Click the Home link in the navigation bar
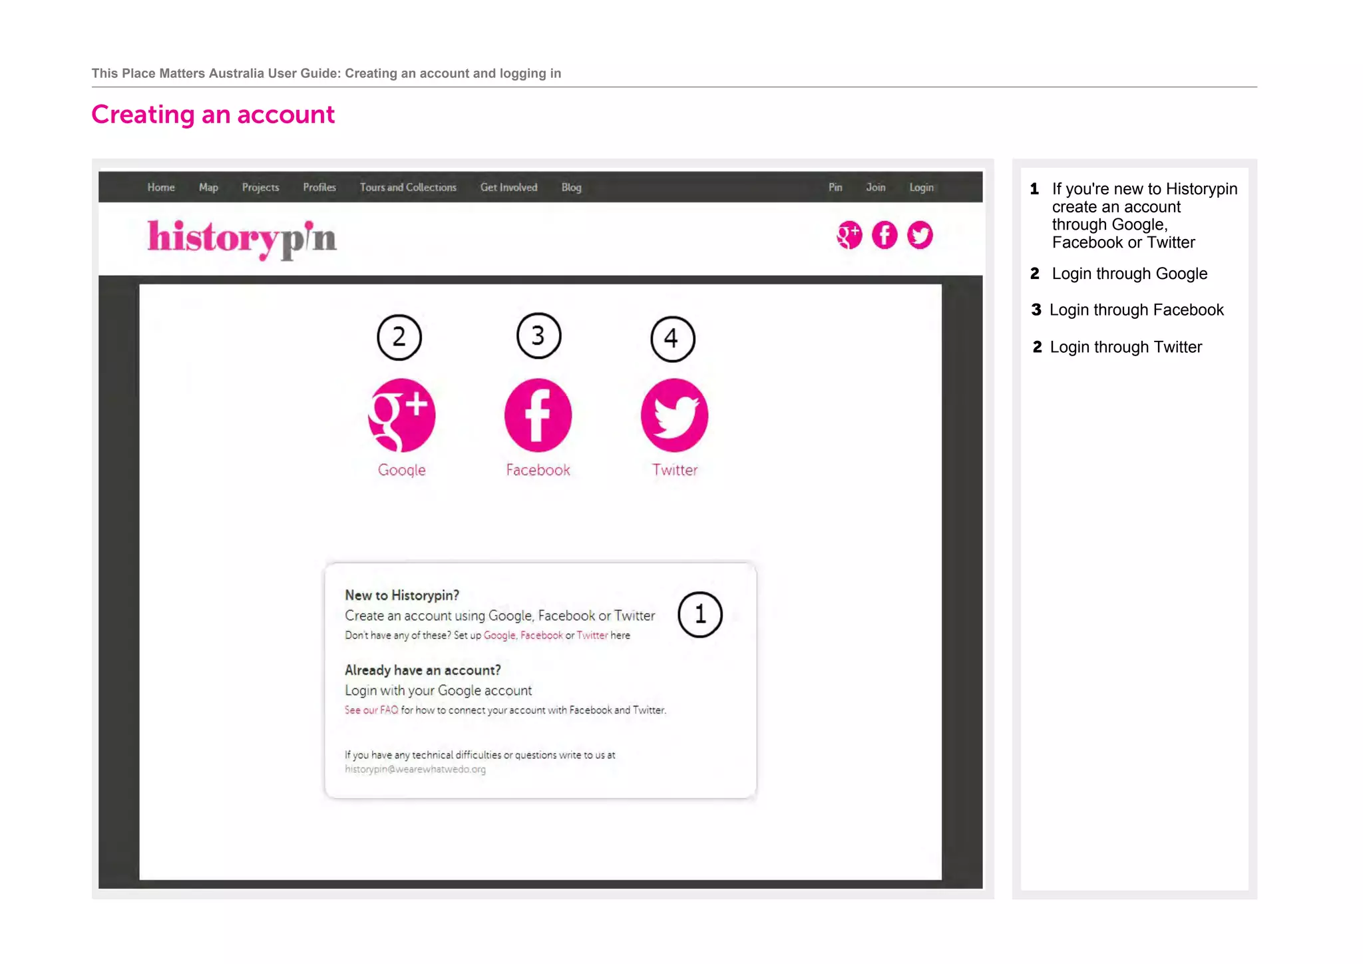pos(161,188)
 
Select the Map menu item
pos(208,188)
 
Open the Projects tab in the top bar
pos(260,188)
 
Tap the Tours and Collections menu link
pos(408,188)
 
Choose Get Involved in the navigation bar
pos(508,188)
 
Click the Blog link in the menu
pos(571,188)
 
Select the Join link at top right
pos(875,188)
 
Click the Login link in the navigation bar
pos(921,188)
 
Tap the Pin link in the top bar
pos(835,188)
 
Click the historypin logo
pos(242,238)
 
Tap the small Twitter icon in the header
pos(920,235)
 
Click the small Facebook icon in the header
pos(884,235)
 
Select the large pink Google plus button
pos(401,415)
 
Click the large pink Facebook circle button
pos(538,415)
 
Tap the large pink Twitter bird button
pos(674,415)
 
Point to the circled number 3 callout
pos(538,336)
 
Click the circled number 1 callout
pos(700,614)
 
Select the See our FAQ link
pos(371,710)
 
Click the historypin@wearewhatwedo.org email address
pos(415,770)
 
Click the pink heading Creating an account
pos(213,115)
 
